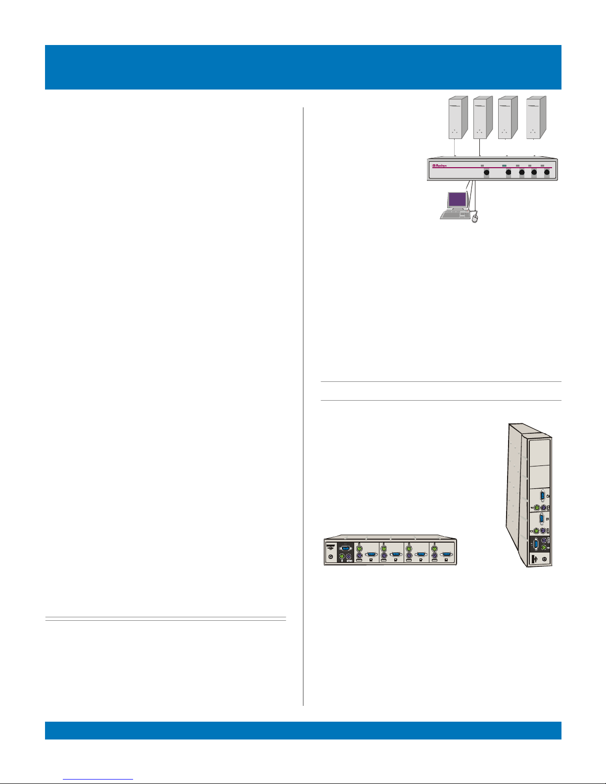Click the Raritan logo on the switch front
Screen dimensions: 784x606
[x=440, y=166]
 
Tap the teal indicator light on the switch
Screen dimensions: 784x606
[x=505, y=166]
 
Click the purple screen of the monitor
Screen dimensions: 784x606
[x=457, y=200]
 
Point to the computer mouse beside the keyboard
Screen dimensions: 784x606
[x=476, y=218]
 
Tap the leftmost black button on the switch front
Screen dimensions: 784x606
[x=486, y=173]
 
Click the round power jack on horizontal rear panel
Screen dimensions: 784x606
[x=330, y=557]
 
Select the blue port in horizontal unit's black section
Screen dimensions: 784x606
[x=346, y=548]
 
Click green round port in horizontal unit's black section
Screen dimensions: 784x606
[x=342, y=557]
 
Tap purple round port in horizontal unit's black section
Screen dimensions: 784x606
[x=349, y=557]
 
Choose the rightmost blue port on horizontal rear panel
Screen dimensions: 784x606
[x=446, y=554]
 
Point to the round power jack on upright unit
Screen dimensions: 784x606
[x=544, y=559]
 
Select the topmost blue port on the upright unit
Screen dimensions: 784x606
[x=543, y=495]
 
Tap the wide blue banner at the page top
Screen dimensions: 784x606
[x=303, y=67]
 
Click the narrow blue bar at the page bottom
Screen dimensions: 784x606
[x=303, y=730]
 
